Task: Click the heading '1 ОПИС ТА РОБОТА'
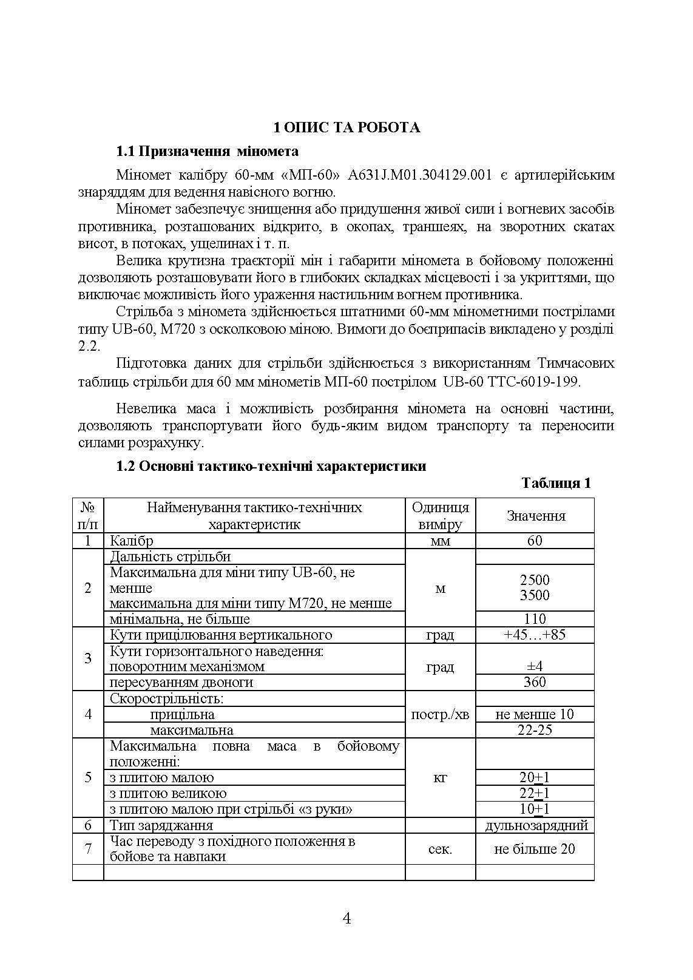coord(346,127)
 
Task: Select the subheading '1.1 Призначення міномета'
coord(208,151)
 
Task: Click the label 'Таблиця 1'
coord(556,483)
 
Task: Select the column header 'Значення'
coord(535,516)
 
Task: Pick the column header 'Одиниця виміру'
coord(440,516)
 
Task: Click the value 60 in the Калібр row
coord(535,541)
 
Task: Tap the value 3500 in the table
coord(535,595)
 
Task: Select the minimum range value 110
coord(535,619)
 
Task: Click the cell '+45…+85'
coord(535,635)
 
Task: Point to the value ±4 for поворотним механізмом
coord(535,666)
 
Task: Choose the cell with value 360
coord(535,682)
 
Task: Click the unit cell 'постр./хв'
coord(440,714)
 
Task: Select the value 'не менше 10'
coord(535,714)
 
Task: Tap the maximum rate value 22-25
coord(535,730)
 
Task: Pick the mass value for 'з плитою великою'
coord(535,793)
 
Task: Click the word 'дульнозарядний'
coord(536,825)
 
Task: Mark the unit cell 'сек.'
coord(440,849)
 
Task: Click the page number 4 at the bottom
coord(346,918)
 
